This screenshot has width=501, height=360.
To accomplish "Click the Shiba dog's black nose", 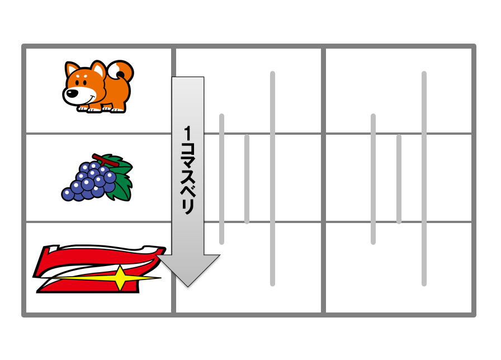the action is coord(71,93).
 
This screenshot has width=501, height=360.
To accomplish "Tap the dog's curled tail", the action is coord(121,71).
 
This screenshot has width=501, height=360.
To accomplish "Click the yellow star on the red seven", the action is coord(120,278).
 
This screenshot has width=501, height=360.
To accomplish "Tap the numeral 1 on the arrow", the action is coord(187,133).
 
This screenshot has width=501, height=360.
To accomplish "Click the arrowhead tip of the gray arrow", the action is coord(188,287).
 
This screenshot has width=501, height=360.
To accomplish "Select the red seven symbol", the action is coord(99,269).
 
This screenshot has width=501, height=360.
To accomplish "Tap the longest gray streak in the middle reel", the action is coord(272,178).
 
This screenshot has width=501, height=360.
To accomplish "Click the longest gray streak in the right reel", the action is coord(424,178).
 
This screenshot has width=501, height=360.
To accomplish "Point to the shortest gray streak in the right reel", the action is coord(399,179).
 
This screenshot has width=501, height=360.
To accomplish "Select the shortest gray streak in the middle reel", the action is coord(247,179).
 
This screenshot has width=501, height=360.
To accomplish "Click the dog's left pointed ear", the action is coord(72,70).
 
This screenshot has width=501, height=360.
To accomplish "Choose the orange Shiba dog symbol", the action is coord(98,86).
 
